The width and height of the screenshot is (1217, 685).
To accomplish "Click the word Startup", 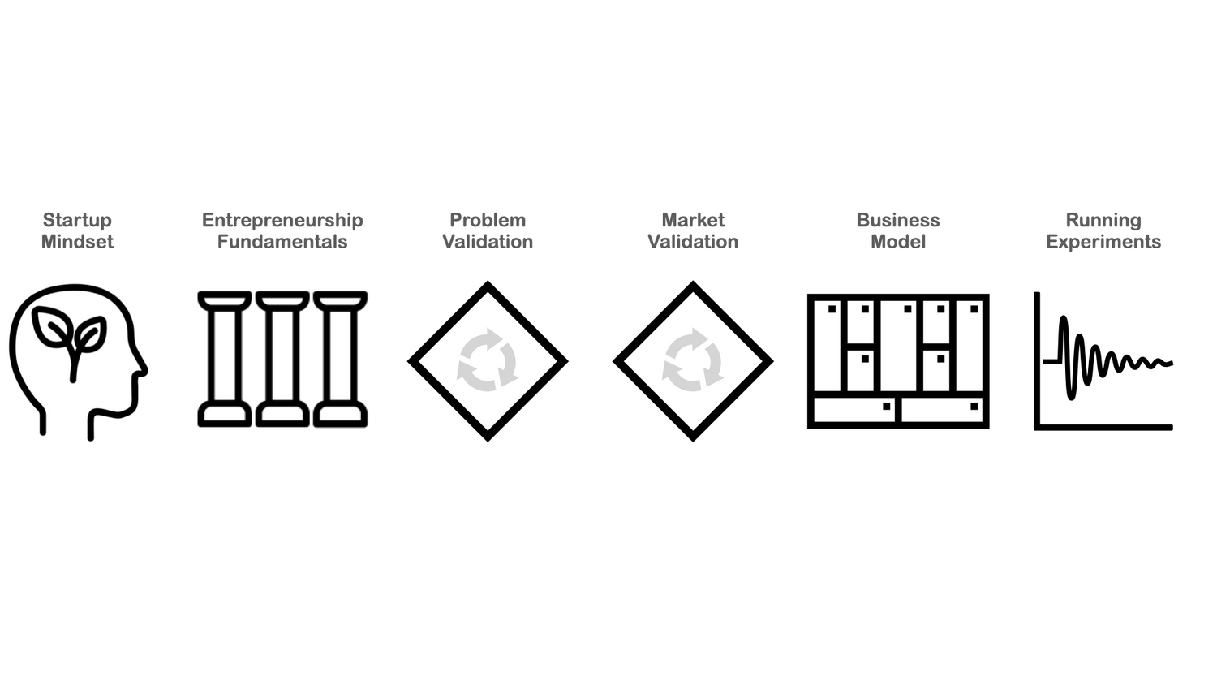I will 77,220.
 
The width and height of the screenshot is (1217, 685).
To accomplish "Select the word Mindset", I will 77,242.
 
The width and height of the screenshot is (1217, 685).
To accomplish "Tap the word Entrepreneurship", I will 282,220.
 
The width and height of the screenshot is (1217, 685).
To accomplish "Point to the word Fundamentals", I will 282,242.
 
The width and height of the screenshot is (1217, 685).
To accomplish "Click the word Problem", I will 488,220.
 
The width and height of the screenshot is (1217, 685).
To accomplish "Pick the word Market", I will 693,220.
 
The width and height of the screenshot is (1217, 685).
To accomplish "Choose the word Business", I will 898,220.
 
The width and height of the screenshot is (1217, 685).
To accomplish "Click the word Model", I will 898,242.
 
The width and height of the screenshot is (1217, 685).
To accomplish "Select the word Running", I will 1103,220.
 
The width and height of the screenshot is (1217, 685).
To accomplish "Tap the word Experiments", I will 1103,242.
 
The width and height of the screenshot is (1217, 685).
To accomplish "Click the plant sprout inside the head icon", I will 70,337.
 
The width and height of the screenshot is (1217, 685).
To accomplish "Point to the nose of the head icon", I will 143,370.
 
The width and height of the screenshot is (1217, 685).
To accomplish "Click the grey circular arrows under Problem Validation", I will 488,360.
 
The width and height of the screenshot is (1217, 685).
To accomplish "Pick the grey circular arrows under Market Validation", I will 693,360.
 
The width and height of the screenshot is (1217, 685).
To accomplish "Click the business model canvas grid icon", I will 898,361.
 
